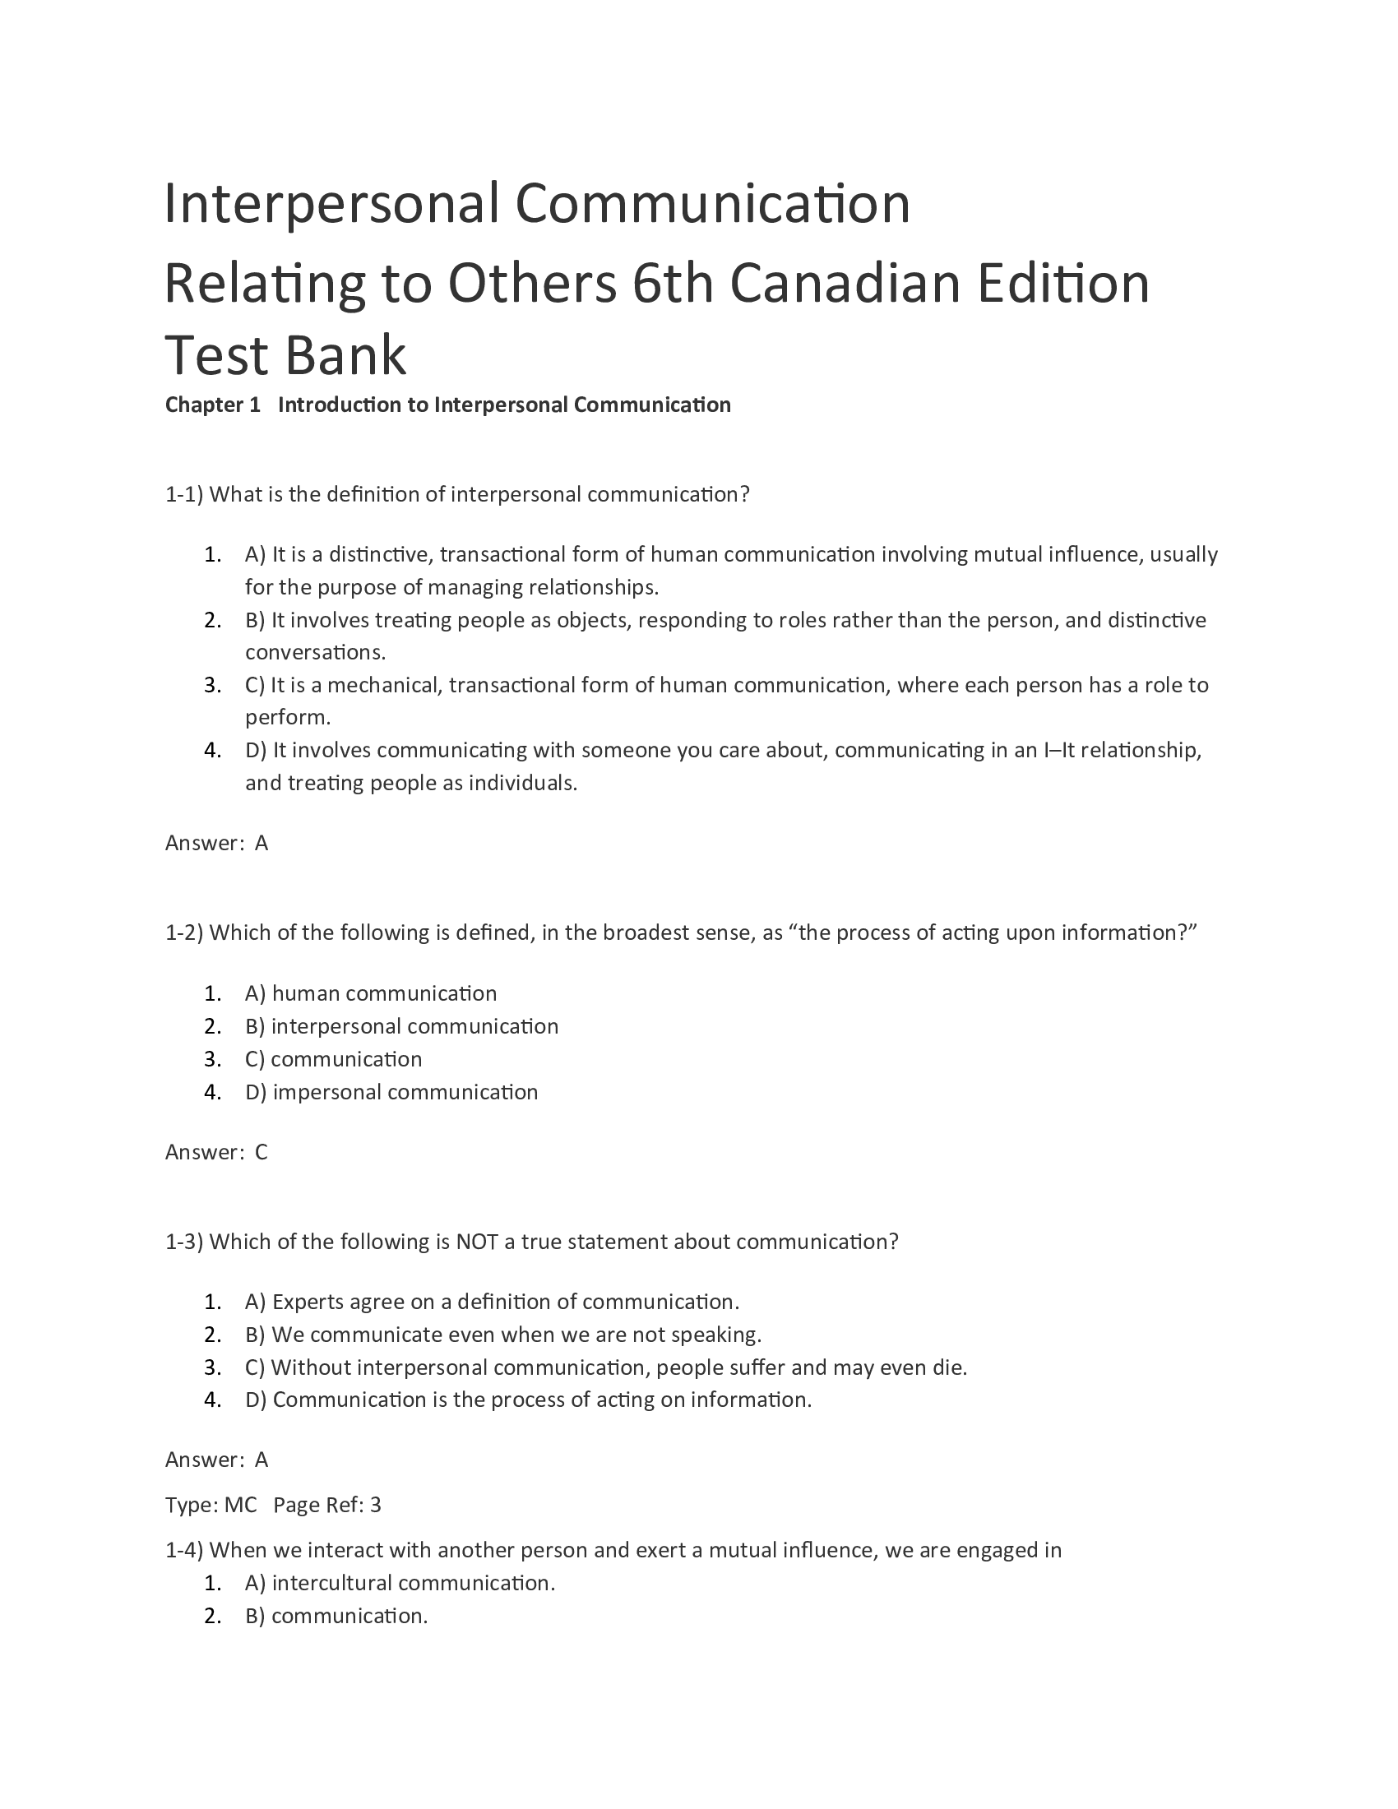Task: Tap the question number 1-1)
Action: point(184,494)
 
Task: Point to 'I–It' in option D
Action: point(1058,751)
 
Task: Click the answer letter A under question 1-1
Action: point(262,843)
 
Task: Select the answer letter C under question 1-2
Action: point(262,1152)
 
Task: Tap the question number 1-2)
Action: point(184,932)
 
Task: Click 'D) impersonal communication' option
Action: point(391,1092)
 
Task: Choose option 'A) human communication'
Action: point(371,993)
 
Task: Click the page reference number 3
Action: point(376,1505)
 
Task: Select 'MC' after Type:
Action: point(240,1505)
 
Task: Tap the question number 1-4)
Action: point(184,1551)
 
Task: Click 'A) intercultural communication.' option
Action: point(400,1583)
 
